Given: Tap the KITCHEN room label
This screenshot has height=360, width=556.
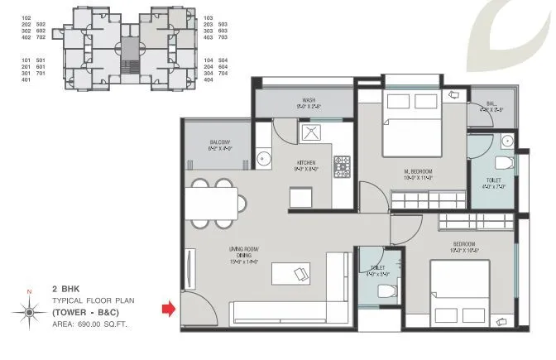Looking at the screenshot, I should [307, 164].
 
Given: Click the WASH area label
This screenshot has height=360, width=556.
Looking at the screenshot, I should [305, 102].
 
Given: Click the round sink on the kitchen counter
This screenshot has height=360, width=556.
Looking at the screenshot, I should [265, 158].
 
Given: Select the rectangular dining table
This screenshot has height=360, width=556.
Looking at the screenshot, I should [212, 201].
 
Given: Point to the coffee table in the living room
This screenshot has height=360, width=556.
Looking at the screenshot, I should [290, 274].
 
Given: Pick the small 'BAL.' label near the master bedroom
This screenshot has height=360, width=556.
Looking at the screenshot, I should [491, 104].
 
